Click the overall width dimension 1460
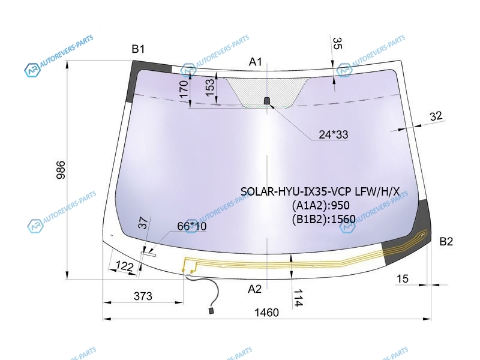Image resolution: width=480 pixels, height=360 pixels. click(x=266, y=313)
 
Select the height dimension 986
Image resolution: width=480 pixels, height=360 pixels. click(x=61, y=170)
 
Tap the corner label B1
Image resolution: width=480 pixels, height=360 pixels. click(x=138, y=49)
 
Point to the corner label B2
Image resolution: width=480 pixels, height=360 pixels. click(x=446, y=242)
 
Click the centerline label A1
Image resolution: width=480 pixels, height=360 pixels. click(x=256, y=62)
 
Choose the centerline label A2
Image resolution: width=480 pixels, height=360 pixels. click(x=254, y=289)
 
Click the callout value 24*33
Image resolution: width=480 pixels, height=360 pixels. click(x=334, y=134)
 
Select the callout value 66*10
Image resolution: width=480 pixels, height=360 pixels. click(x=192, y=226)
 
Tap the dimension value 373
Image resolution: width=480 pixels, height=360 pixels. click(x=143, y=296)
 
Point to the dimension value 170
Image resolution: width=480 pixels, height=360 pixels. click(x=184, y=89)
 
